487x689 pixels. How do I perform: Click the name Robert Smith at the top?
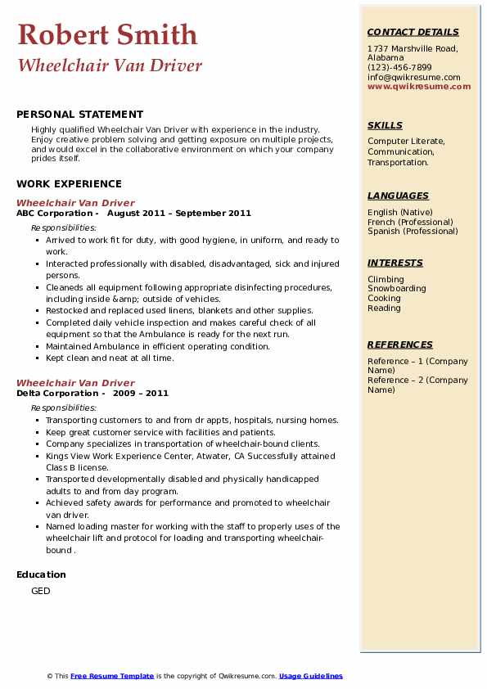(107, 34)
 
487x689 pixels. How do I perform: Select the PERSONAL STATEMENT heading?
(79, 115)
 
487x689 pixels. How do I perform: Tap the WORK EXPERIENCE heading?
(69, 184)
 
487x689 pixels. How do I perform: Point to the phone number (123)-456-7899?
(399, 68)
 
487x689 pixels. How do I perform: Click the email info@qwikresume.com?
(413, 78)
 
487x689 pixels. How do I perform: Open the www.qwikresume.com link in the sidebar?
(419, 87)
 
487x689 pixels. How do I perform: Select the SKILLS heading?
(385, 126)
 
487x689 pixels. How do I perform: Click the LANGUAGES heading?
(398, 196)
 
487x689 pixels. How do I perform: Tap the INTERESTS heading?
(395, 263)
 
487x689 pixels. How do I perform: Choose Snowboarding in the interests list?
(396, 289)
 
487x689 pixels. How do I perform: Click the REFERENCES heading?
(400, 344)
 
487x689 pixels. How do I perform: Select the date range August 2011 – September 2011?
(179, 214)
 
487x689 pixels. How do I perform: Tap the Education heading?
(41, 574)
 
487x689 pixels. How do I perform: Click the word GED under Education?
(40, 591)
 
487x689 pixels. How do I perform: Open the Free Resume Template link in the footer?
(112, 677)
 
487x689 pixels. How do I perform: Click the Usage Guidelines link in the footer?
(310, 677)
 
